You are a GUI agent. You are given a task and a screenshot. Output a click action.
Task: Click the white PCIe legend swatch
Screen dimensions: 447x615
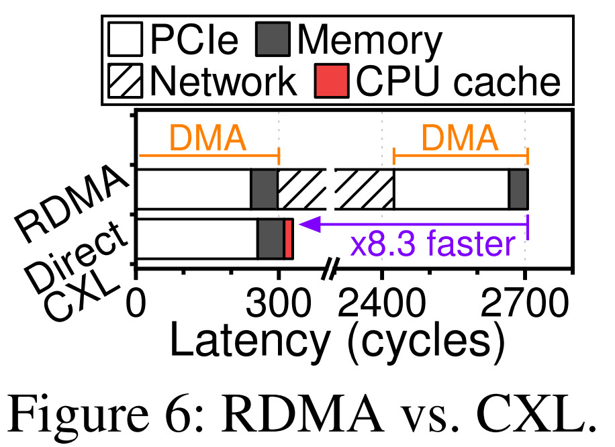pyautogui.click(x=125, y=40)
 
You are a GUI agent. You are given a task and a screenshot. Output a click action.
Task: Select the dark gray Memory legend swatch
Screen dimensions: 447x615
pyautogui.click(x=273, y=40)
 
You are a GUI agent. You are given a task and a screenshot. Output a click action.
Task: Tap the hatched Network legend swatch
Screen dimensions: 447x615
pyautogui.click(x=125, y=81)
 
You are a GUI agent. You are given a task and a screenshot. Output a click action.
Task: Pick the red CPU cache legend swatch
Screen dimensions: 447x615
pyautogui.click(x=332, y=81)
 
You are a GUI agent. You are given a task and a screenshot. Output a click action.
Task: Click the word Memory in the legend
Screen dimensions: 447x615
pyautogui.click(x=370, y=40)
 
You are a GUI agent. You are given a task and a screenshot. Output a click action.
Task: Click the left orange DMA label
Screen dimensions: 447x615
pyautogui.click(x=207, y=139)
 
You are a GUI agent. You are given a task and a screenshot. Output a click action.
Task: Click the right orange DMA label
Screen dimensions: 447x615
pyautogui.click(x=460, y=139)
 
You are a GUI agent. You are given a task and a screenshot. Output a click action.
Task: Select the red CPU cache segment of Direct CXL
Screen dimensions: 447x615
pyautogui.click(x=288, y=239)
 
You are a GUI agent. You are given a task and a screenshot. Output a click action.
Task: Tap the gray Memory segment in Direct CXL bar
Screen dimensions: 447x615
pyautogui.click(x=271, y=239)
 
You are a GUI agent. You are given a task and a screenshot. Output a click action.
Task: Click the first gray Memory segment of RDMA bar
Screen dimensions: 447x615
pyautogui.click(x=264, y=189)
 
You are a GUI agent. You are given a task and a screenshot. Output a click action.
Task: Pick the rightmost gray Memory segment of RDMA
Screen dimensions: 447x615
pyautogui.click(x=518, y=189)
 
